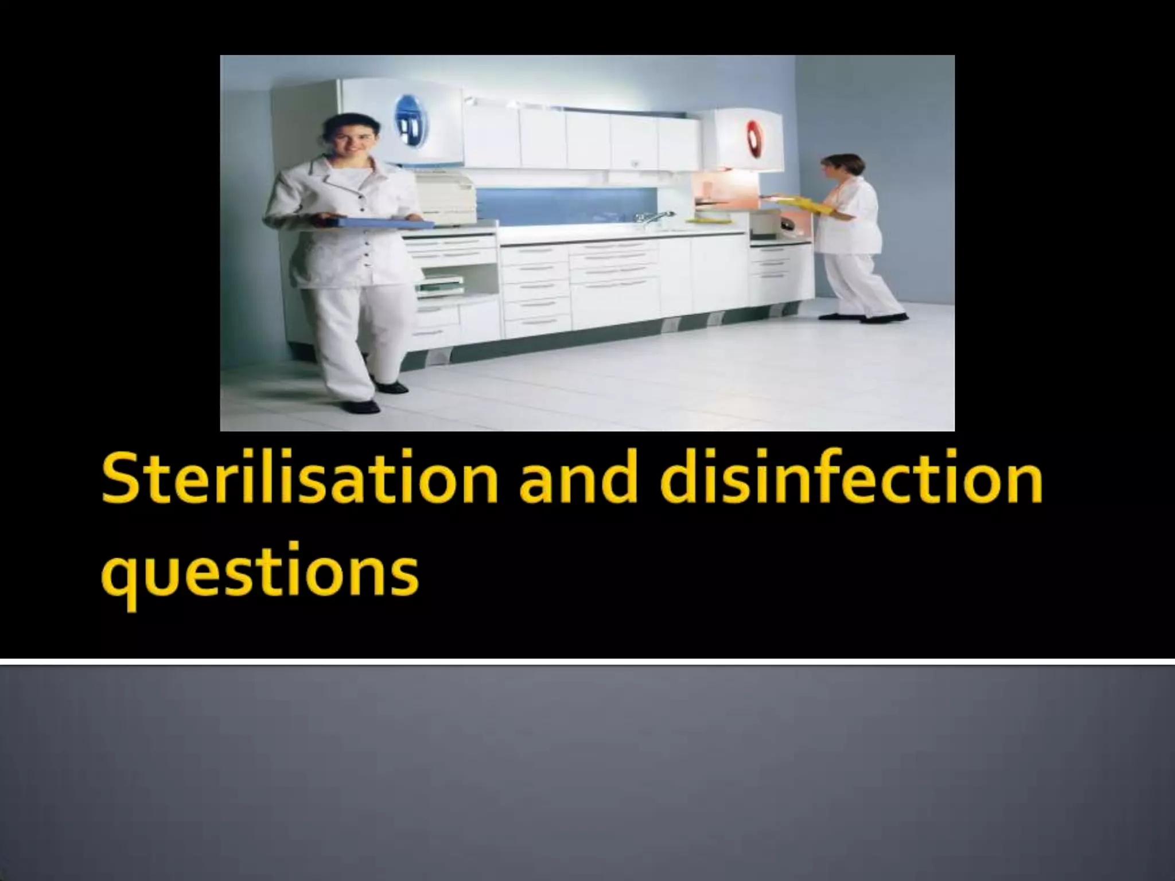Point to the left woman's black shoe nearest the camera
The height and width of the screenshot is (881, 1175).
(x=360, y=406)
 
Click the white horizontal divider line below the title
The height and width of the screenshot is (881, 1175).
(x=587, y=662)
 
